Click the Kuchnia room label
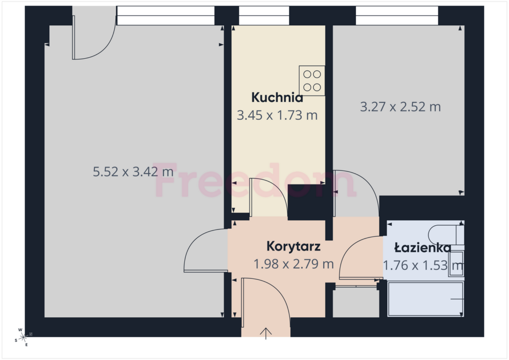277,97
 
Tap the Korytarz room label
293,247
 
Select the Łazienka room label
423,248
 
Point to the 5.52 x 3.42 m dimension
133,172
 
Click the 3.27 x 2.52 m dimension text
400,107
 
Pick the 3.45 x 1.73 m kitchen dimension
277,115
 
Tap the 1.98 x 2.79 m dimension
293,264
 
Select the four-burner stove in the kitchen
312,81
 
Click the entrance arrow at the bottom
266,333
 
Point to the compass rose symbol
23,337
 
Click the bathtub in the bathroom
425,299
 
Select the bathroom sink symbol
456,264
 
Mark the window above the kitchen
264,15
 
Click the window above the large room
166,15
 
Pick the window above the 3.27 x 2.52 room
397,15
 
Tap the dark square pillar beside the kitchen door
307,202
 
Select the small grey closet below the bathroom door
356,302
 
